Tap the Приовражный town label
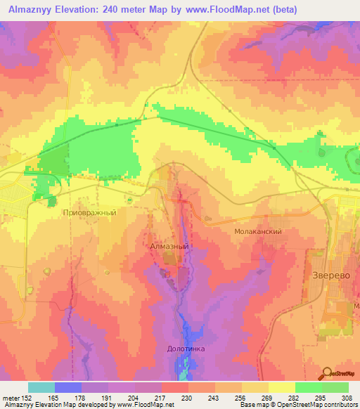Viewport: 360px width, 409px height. coord(89,212)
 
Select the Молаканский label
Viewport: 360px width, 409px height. coord(258,231)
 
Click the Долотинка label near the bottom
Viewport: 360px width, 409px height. coord(186,348)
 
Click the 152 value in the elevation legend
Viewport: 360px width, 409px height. coord(28,397)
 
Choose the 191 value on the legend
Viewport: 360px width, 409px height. coord(108,397)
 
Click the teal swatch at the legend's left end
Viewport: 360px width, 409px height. coord(41,387)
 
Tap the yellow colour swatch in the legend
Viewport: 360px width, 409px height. coord(281,387)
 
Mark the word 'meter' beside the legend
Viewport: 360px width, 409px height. coord(10,397)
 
